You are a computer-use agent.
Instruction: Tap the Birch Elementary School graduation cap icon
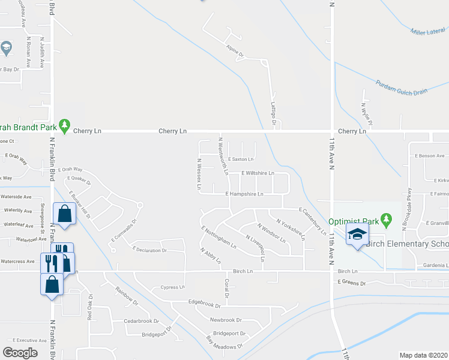coord(357,235)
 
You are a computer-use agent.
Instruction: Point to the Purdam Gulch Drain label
coord(402,87)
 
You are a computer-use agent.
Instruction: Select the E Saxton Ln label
coord(241,159)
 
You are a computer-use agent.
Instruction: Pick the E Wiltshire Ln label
coord(258,173)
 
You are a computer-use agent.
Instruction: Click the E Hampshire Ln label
coord(244,194)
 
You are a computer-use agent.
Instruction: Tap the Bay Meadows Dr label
coord(224,343)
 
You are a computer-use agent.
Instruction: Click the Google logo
coord(20,352)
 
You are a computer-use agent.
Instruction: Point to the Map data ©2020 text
coord(424,355)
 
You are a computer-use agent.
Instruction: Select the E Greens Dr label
coord(351,281)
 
